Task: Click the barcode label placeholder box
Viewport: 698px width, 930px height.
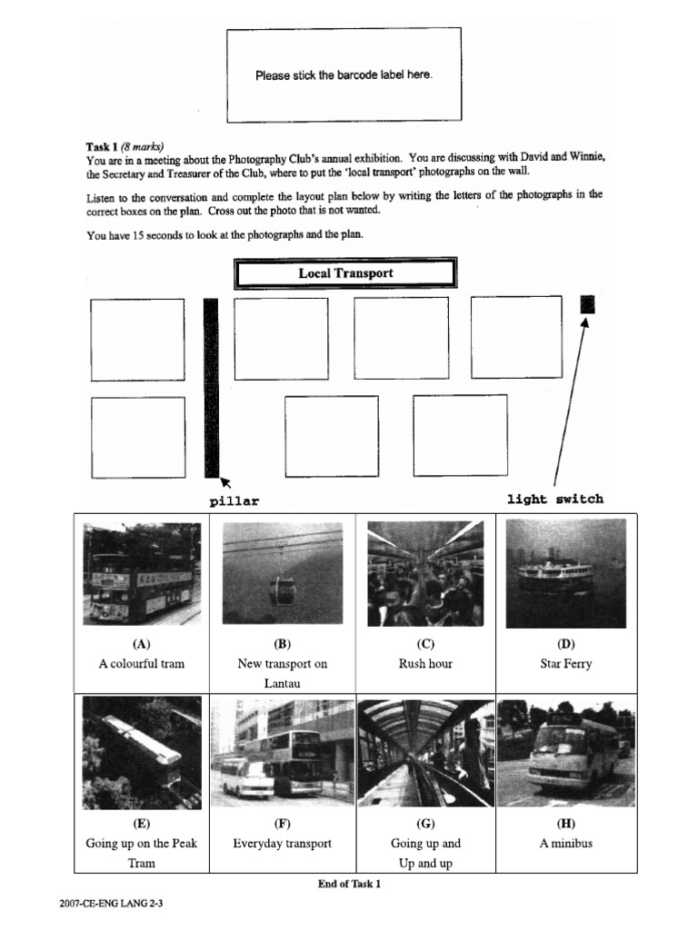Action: (x=344, y=75)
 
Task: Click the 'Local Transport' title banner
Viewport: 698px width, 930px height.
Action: (x=345, y=273)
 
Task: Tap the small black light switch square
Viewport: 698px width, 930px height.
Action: (x=587, y=304)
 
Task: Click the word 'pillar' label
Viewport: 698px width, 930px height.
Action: (x=234, y=501)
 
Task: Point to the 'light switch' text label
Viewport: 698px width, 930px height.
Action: (x=554, y=499)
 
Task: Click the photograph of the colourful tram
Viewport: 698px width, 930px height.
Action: (x=141, y=573)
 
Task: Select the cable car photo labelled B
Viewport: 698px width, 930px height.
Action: (x=282, y=573)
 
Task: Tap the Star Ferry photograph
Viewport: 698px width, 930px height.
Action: (x=565, y=573)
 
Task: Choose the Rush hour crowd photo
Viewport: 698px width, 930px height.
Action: (x=424, y=573)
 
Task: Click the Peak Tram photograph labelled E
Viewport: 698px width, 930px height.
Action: (x=141, y=753)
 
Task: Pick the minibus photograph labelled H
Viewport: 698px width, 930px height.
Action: (x=565, y=753)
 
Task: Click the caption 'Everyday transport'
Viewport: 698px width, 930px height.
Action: (x=282, y=844)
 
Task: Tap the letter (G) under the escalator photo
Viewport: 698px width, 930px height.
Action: (x=424, y=824)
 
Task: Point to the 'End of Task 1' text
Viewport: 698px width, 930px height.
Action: (x=349, y=885)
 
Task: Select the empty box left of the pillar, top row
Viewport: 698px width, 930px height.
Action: (x=137, y=340)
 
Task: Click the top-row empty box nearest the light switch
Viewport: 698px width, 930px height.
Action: (x=515, y=337)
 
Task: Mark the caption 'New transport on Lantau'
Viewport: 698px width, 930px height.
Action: (x=282, y=673)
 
